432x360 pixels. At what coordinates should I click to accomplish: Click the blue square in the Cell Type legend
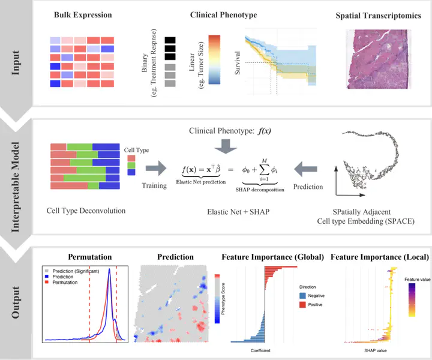coord(131,173)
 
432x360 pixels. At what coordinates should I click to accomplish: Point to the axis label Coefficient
coord(261,350)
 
